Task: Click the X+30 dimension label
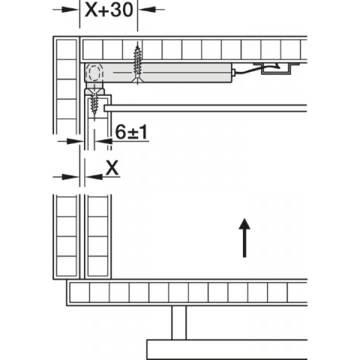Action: point(109,9)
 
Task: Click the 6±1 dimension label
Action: point(131,132)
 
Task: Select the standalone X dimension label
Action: point(112,167)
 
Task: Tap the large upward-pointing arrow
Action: point(244,237)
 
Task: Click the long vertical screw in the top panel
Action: point(137,63)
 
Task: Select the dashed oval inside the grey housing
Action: point(93,73)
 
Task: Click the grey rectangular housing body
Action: point(158,73)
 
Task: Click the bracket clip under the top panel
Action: point(276,68)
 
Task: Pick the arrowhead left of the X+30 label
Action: point(70,9)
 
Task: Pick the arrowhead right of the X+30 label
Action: point(147,9)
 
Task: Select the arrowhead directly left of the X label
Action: point(94,177)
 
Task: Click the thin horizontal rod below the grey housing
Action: point(205,108)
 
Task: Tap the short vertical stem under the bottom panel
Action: point(179,322)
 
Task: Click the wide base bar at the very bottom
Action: point(227,349)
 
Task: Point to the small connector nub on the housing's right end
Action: point(233,73)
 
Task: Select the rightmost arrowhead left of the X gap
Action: point(70,177)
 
